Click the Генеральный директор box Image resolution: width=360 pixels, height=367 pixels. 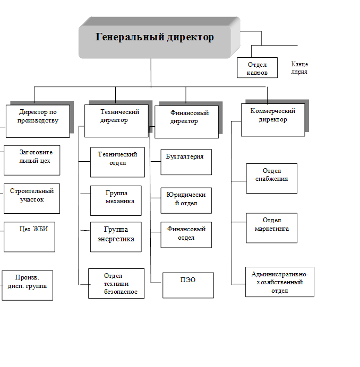[155, 38]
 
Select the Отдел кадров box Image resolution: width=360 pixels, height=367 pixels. [257, 68]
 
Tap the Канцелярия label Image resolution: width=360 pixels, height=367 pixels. [299, 68]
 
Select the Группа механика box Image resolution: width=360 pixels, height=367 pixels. [116, 200]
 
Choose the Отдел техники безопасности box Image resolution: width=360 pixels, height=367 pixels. [117, 283]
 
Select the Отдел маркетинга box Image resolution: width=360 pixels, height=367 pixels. [271, 228]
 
